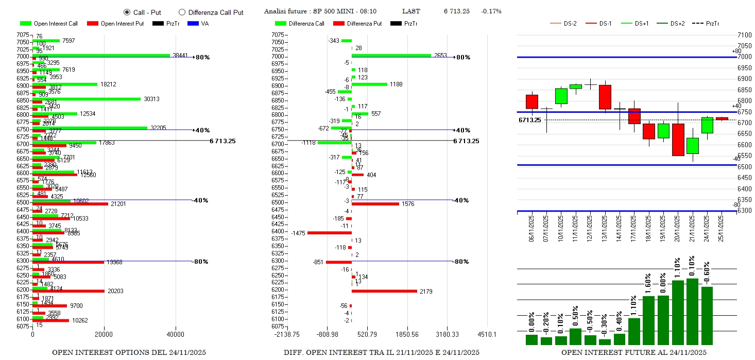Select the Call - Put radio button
(x=127, y=12)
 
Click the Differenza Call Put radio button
(x=182, y=12)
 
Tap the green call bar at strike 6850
(x=86, y=99)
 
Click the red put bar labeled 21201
(x=70, y=204)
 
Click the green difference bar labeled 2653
(x=391, y=55)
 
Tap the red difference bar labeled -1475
(x=330, y=233)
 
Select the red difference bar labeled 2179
(x=384, y=291)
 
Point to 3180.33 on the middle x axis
(x=447, y=334)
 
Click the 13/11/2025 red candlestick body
(x=605, y=97)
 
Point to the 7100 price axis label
(x=744, y=35)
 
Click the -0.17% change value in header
(x=491, y=11)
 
